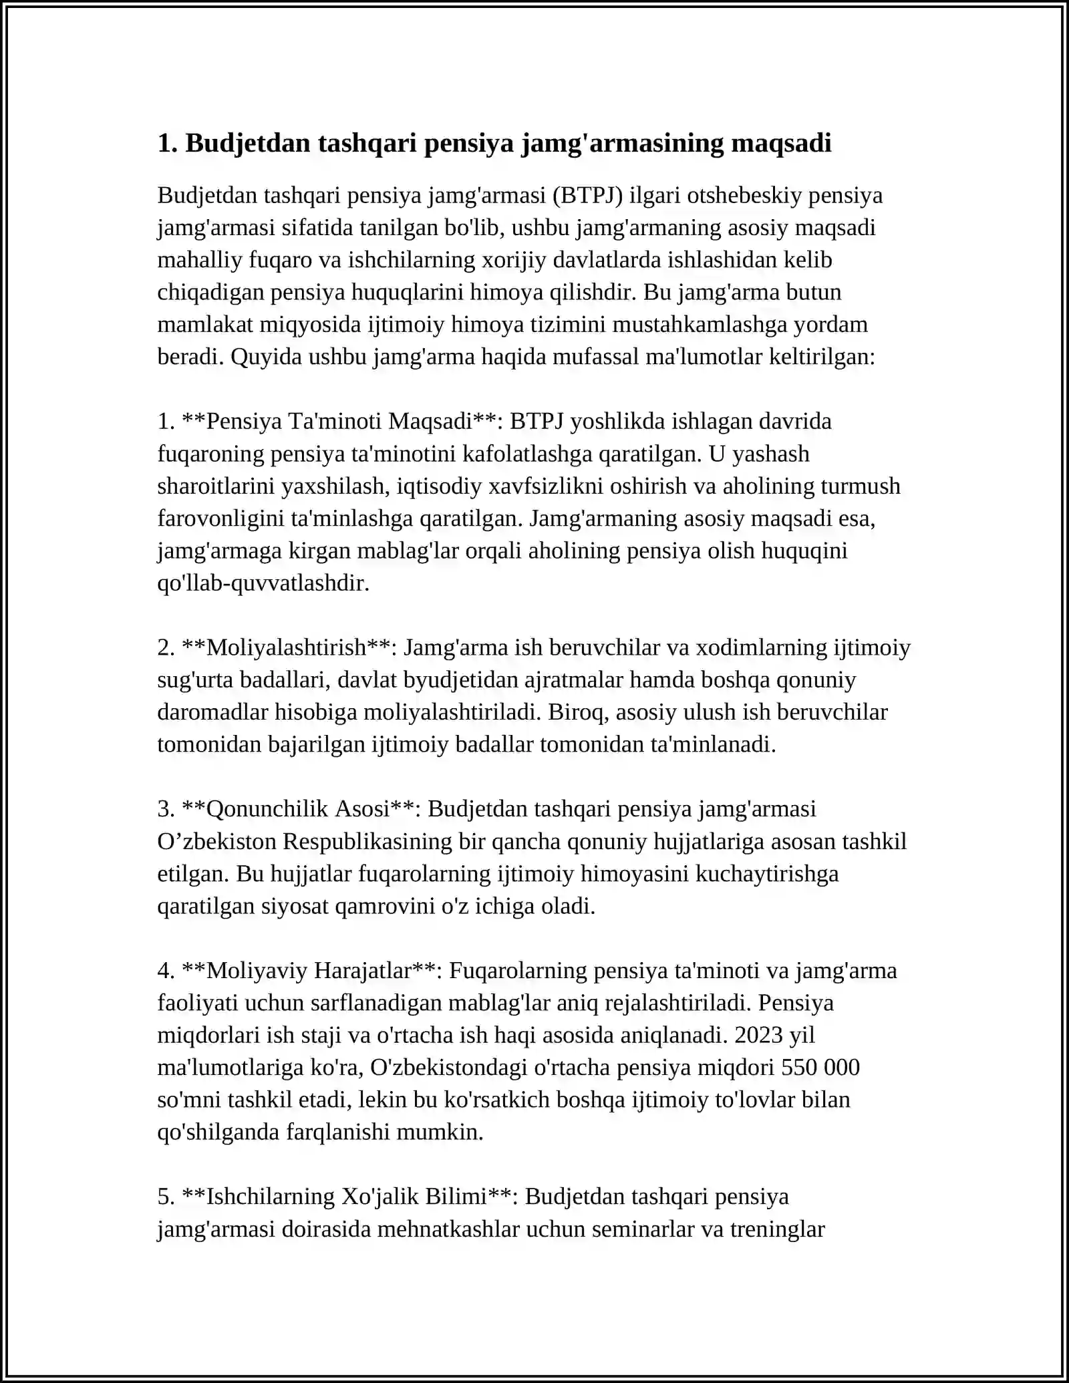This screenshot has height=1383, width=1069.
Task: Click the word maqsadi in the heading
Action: tap(780, 143)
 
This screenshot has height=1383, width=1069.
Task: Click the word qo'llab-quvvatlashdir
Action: tap(263, 583)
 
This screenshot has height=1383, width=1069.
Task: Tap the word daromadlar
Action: tap(213, 712)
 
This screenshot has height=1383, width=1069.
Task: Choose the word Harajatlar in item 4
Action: tap(361, 970)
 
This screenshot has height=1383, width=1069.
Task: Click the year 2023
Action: tap(758, 1035)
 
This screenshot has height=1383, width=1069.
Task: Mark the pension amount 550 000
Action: tap(820, 1067)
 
